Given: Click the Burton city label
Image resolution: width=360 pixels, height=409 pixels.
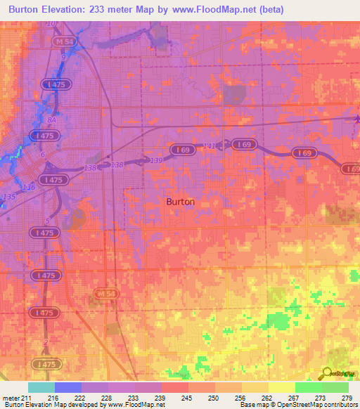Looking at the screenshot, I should (181, 201).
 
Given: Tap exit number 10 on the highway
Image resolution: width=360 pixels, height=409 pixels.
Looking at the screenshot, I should (50, 25).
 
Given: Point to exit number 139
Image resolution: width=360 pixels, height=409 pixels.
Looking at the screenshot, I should (155, 161).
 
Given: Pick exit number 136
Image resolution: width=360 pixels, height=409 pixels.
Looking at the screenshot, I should (28, 187).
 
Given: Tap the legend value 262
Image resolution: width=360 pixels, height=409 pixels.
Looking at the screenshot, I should (267, 398).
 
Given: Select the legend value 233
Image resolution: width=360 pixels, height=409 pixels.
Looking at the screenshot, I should (134, 398).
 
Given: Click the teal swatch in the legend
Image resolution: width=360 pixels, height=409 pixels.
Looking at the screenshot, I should (41, 387).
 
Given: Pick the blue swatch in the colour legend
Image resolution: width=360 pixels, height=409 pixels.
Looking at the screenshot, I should (67, 387).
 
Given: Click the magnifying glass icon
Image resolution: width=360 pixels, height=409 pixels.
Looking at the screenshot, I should (328, 373).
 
